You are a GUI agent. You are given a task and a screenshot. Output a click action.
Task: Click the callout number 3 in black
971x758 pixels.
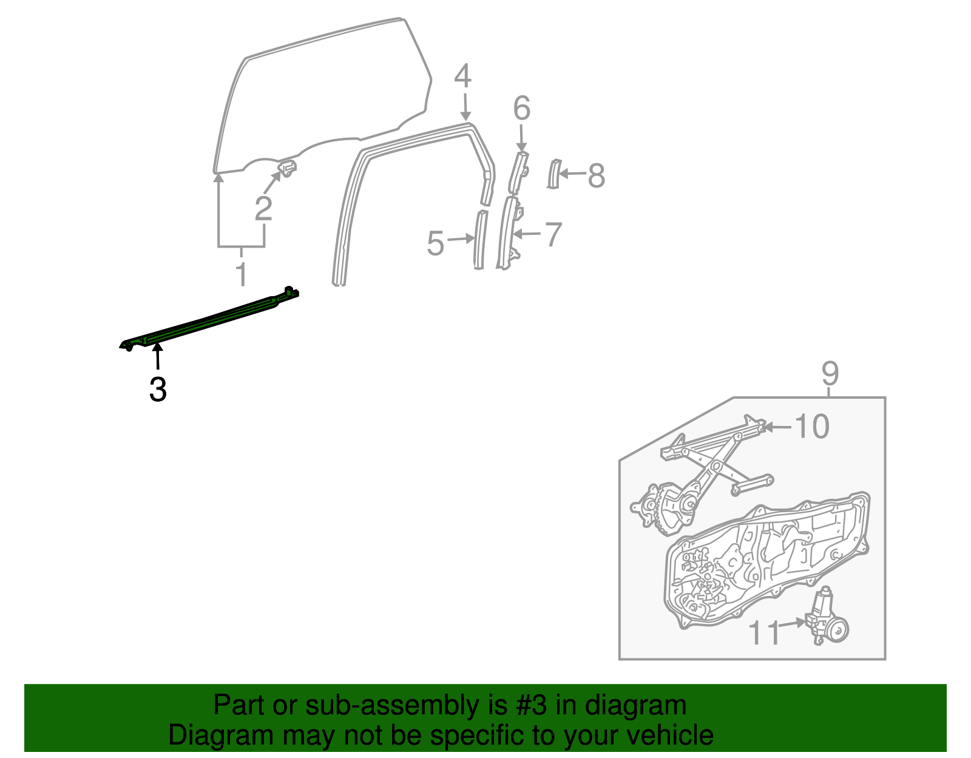pos(158,389)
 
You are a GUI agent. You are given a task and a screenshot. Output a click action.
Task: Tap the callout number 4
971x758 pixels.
pos(462,77)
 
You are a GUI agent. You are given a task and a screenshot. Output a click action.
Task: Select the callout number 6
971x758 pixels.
pos(522,109)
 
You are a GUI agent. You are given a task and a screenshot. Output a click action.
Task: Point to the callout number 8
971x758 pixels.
pos(597,176)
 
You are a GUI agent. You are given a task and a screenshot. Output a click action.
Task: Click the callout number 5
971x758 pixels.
pos(436,243)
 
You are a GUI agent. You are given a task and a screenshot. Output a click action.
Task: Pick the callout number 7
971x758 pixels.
pos(553,234)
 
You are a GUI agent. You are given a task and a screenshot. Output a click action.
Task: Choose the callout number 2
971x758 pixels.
pos(263,209)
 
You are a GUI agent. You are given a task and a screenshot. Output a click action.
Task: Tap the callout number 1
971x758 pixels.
pos(242,275)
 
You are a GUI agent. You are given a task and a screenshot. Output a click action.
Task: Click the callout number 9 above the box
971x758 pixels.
pos(830,373)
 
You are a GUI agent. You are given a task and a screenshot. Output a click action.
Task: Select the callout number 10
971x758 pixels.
pos(811,427)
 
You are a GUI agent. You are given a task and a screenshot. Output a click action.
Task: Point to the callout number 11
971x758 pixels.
pos(764,633)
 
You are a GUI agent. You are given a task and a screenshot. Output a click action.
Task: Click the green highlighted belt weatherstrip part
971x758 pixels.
pos(212,319)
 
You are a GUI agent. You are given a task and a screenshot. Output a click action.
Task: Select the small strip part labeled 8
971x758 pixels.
pos(553,174)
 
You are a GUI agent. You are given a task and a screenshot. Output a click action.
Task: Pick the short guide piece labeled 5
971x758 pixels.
pos(479,239)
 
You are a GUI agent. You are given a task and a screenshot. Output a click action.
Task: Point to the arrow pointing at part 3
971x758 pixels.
pos(158,356)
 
